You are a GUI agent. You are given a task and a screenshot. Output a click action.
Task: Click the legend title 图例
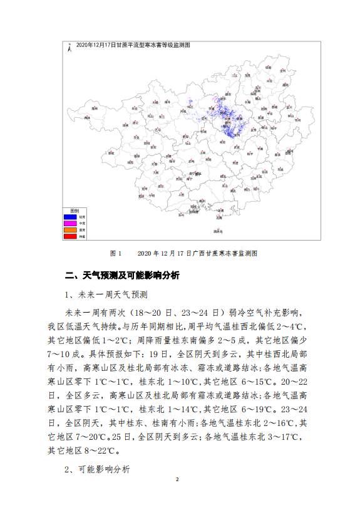(x=74, y=210)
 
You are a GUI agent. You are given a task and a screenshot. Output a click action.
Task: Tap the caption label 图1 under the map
(x=115, y=253)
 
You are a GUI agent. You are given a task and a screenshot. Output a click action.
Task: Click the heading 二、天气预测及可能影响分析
(x=123, y=275)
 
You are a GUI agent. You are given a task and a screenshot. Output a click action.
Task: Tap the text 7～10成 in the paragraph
(x=63, y=353)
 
